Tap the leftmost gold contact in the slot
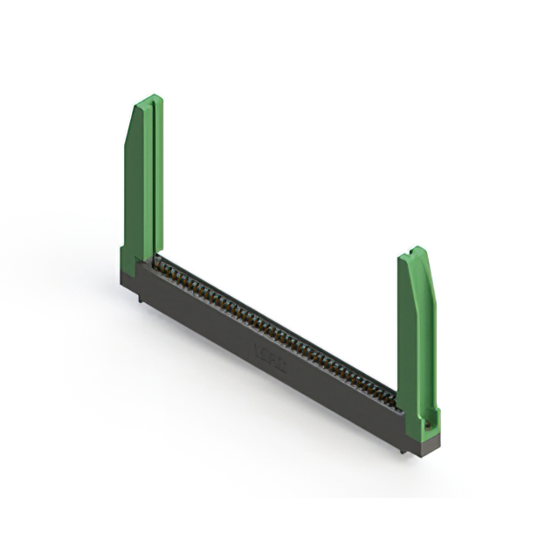(160, 262)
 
